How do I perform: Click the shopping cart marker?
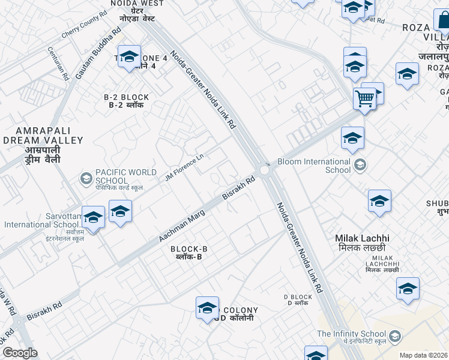pos(364,98)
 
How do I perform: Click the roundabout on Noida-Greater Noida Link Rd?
pos(265,170)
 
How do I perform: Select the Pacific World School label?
pos(111,176)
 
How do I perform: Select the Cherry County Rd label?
pos(83,28)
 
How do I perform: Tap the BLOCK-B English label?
pos(188,249)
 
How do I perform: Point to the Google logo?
pos(20,353)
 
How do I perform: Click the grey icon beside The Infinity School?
pos(395,335)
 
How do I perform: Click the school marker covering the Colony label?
pos(207,308)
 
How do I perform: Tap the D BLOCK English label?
pos(298,297)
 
